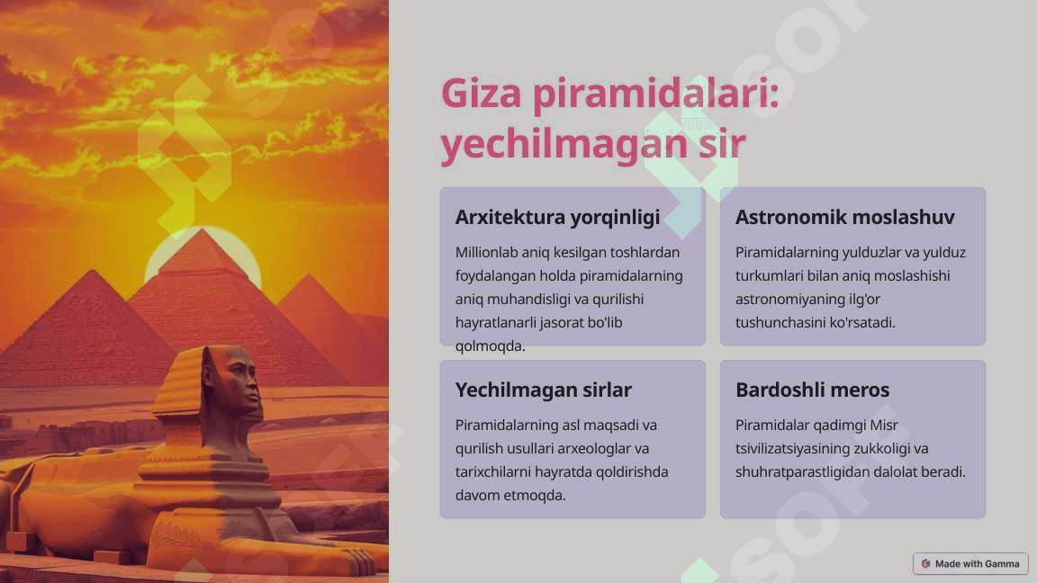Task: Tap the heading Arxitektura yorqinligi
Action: pyautogui.click(x=557, y=218)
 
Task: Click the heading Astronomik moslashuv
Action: pyautogui.click(x=844, y=217)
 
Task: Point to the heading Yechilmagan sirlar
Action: pyautogui.click(x=543, y=390)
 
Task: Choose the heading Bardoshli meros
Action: pyautogui.click(x=812, y=390)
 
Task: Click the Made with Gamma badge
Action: pyautogui.click(x=970, y=564)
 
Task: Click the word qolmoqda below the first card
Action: pyautogui.click(x=490, y=346)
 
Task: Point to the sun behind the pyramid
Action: pyautogui.click(x=203, y=255)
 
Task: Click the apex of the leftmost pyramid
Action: pyautogui.click(x=94, y=270)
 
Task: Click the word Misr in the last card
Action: pyautogui.click(x=884, y=425)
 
